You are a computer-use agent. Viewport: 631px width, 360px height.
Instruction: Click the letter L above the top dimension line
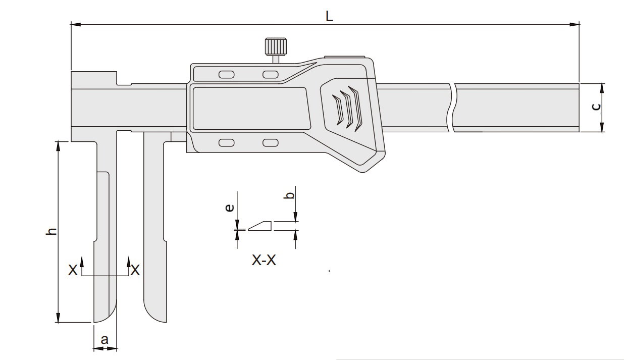(x=329, y=16)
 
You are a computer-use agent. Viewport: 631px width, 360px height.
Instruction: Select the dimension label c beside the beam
(x=596, y=107)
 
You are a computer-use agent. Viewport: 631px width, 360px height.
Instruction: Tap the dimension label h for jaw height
(x=51, y=231)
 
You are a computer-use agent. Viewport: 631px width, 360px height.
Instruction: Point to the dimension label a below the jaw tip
(x=104, y=339)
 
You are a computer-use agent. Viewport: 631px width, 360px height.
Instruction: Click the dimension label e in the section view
(x=230, y=208)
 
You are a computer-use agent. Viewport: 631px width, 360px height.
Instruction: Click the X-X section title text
(x=264, y=261)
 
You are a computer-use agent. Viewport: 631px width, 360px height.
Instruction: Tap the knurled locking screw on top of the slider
(x=275, y=47)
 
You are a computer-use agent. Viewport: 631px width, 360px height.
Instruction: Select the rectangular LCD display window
(x=250, y=108)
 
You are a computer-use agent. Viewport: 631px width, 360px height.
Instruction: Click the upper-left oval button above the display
(x=227, y=75)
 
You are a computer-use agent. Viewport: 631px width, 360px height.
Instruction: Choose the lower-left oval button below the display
(x=227, y=143)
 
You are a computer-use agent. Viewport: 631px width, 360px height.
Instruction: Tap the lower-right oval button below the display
(x=271, y=143)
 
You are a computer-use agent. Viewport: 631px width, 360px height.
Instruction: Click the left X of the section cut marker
(x=73, y=271)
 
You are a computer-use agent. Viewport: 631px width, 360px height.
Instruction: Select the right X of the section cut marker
(x=135, y=271)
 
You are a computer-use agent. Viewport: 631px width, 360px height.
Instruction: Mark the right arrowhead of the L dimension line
(x=575, y=24)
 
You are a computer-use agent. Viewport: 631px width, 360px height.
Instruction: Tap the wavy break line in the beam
(x=451, y=108)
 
